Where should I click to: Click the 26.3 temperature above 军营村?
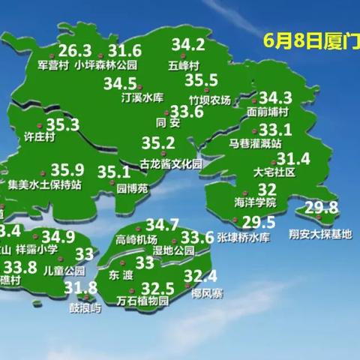75,51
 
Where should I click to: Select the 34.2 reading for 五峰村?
188,44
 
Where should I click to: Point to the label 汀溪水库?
142,97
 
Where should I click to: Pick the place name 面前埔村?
268,112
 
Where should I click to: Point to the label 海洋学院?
256,203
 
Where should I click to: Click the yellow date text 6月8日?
288,40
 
